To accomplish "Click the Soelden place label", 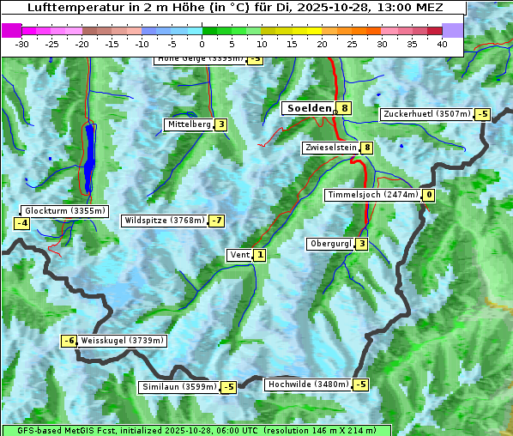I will (308, 108).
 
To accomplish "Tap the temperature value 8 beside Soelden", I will (344, 108).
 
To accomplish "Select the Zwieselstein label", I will (330, 148).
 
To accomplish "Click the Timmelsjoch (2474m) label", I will (372, 195).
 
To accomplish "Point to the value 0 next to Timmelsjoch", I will (428, 195).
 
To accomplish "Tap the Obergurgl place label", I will (330, 244).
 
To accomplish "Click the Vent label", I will (239, 255).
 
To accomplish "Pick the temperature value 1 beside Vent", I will (259, 255).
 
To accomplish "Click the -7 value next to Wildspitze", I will (216, 221).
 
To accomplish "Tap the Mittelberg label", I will (189, 124).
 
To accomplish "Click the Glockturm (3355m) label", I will (64, 211).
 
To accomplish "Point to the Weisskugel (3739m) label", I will (122, 341).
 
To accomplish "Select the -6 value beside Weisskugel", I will (69, 341).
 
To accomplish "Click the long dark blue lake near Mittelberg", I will (89, 159).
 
